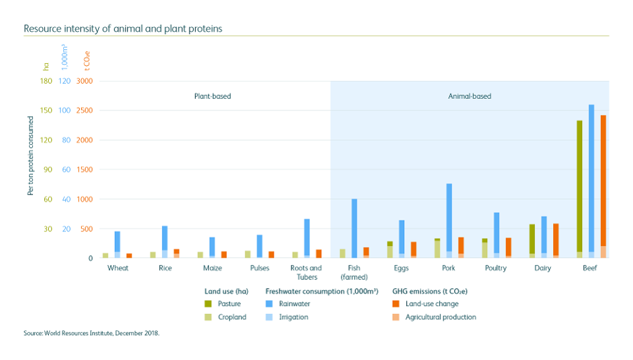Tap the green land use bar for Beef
pos(580,189)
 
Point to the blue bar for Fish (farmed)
pos(354,228)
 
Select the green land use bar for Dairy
pos(532,241)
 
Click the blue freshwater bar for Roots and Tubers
pos(307,238)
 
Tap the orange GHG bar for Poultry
pos(508,247)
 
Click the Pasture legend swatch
pos(208,304)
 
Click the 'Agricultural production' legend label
pos(440,317)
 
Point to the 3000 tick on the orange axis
pos(84,81)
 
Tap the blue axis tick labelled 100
pos(65,110)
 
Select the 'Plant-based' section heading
pos(212,96)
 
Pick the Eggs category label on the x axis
pos(401,268)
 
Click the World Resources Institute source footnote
pos(92,334)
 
